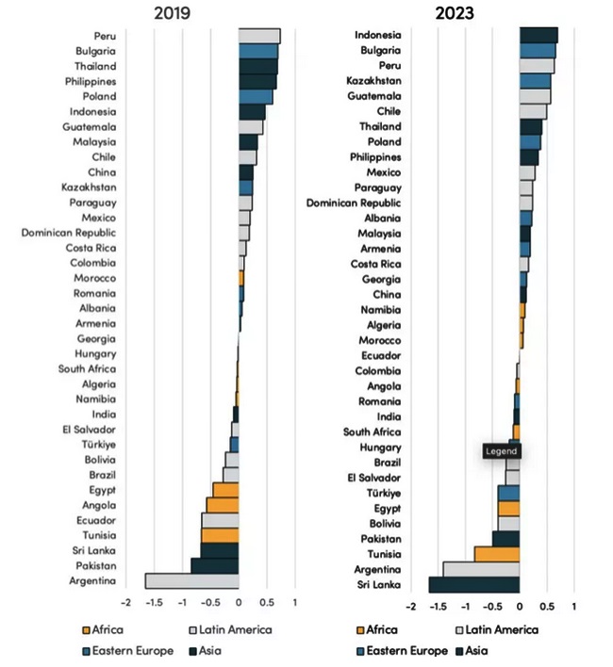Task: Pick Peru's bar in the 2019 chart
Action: pos(259,36)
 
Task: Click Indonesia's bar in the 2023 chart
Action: pos(538,35)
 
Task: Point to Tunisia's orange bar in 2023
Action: pos(496,554)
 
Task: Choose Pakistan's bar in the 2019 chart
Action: pos(214,565)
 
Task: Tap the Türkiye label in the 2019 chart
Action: pos(99,444)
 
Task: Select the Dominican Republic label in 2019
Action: pos(69,232)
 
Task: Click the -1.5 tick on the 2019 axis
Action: pos(154,602)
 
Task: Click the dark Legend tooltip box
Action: pos(501,451)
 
